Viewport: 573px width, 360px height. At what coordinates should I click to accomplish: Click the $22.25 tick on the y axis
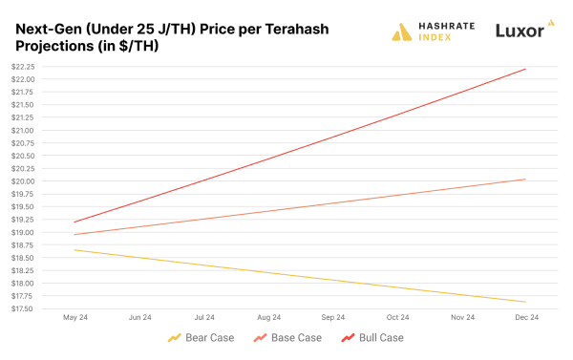tap(22, 66)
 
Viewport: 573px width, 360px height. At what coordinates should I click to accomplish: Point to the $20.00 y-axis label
tap(22, 181)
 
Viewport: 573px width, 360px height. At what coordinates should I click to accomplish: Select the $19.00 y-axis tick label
tap(22, 232)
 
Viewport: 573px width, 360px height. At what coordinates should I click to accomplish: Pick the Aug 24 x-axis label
tap(268, 317)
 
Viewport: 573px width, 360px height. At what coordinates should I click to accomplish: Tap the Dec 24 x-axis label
tap(526, 317)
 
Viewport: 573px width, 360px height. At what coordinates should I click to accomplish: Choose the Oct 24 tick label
tap(397, 317)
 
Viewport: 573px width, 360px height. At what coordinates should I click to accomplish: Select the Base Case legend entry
tap(287, 338)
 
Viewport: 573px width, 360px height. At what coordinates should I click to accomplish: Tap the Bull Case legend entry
tap(375, 338)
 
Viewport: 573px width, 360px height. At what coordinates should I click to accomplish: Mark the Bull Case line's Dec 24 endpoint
tap(526, 69)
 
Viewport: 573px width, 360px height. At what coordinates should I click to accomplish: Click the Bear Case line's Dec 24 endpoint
tap(526, 302)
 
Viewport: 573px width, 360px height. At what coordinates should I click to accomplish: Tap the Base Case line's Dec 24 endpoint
tap(526, 180)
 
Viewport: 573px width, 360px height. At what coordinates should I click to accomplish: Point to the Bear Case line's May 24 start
tap(74, 250)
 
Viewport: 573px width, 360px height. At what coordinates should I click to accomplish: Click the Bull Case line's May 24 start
tap(74, 222)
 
